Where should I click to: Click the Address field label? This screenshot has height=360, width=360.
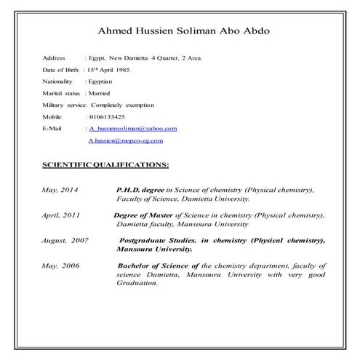(55, 57)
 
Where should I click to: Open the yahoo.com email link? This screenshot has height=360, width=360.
(133, 128)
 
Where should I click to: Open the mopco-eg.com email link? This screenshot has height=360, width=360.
(125, 140)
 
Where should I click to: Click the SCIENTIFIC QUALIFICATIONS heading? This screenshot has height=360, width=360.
(106, 164)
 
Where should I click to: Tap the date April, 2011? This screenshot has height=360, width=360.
(61, 216)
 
